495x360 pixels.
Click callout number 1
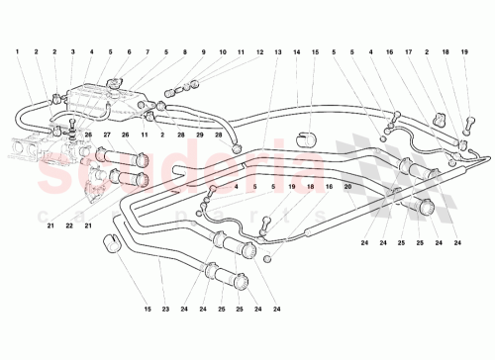[x=17, y=50]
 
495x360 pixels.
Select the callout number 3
[x=55, y=50]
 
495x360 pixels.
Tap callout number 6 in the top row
[x=128, y=50]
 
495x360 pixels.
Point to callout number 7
[x=148, y=50]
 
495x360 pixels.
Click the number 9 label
[x=203, y=50]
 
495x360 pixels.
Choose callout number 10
[x=224, y=50]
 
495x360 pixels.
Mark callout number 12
[x=259, y=50]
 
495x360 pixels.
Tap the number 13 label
[x=278, y=50]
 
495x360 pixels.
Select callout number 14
[x=297, y=50]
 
